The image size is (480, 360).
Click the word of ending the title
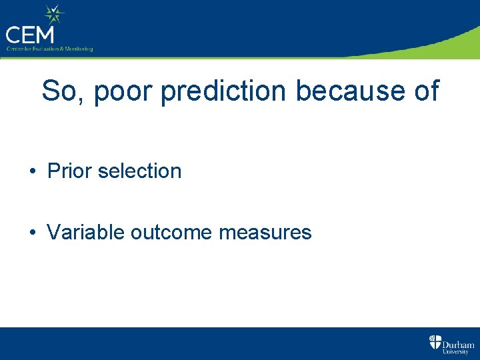point(425,91)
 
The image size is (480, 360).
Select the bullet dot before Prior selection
point(32,171)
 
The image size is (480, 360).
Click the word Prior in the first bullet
point(69,171)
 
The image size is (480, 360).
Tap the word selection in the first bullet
point(139,171)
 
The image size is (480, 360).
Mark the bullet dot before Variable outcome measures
point(32,233)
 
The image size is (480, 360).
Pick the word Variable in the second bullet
point(86,232)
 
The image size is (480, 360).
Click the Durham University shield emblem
point(435,343)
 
